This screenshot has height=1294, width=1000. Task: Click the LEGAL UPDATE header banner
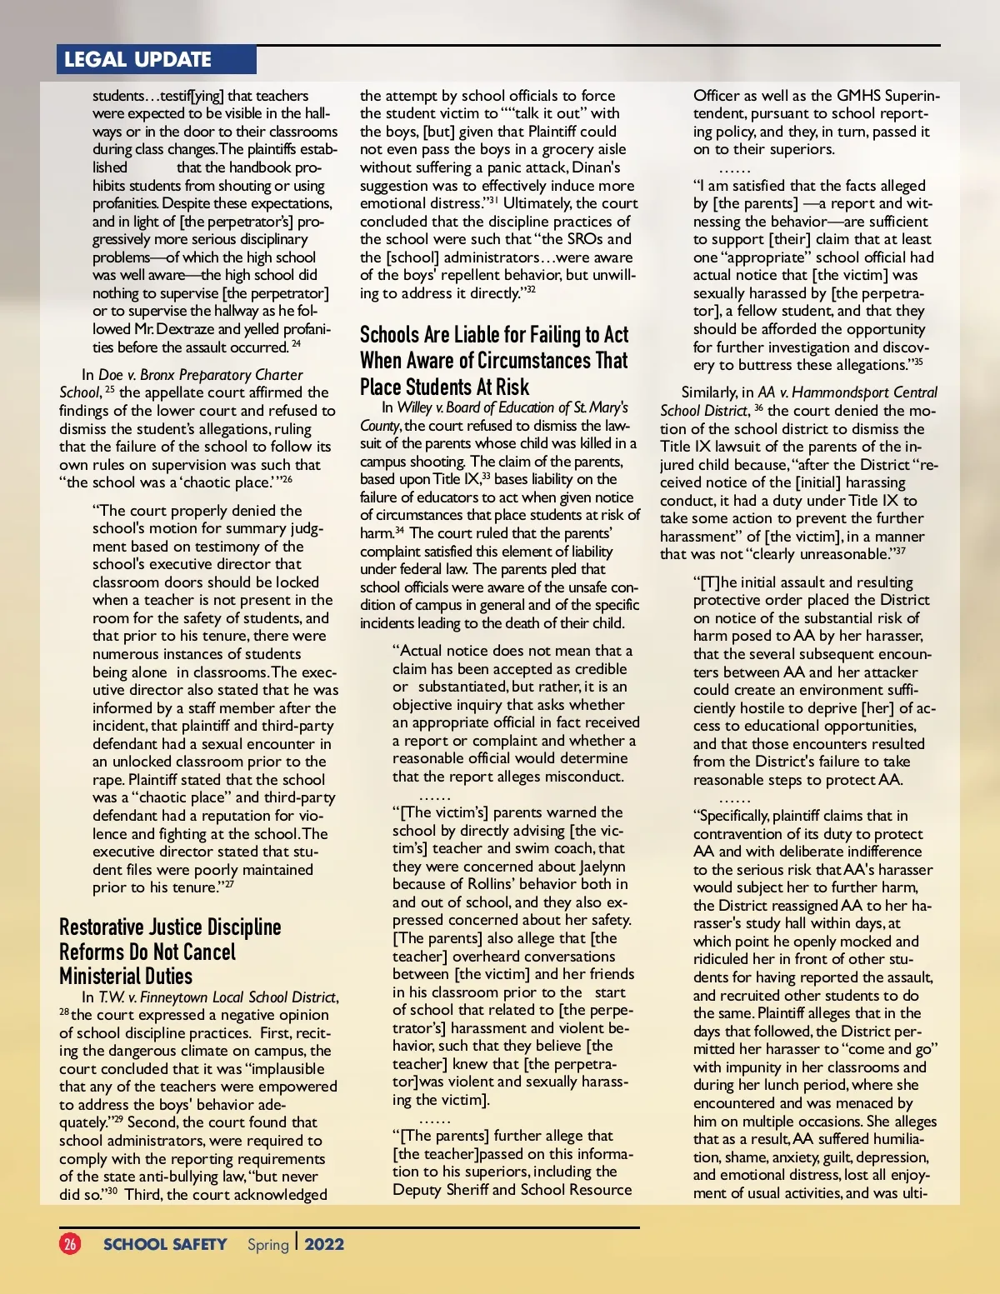(138, 59)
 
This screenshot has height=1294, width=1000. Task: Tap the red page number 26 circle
(70, 1244)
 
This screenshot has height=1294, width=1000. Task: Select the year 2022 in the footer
(324, 1244)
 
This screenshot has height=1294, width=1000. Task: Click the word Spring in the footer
(267, 1244)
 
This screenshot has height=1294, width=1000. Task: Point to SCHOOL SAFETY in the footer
(165, 1244)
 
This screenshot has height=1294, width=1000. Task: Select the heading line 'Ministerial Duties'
(126, 976)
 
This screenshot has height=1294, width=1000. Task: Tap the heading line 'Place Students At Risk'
(444, 387)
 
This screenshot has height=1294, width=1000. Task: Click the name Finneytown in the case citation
(174, 997)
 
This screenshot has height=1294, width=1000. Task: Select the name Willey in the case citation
(414, 407)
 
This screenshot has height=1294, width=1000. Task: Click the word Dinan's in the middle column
(596, 167)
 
